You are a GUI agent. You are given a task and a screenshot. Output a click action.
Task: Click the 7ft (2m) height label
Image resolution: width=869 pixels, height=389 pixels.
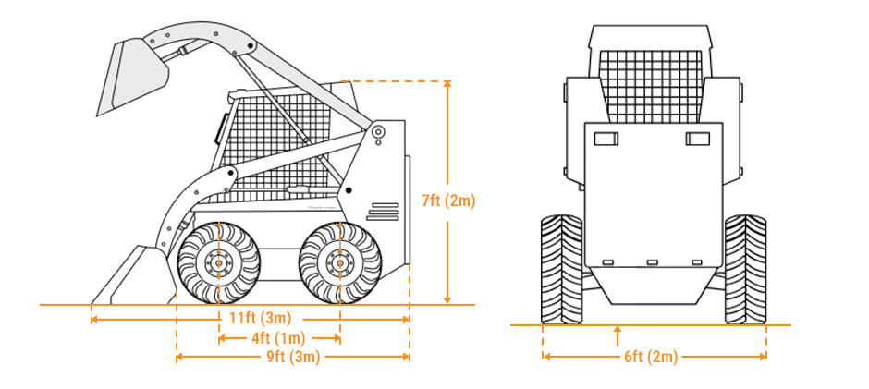click(447, 200)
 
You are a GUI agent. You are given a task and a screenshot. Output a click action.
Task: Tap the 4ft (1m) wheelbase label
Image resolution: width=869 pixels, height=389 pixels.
click(279, 338)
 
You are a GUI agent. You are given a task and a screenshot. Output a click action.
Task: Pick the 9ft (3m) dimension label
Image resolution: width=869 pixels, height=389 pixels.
click(292, 357)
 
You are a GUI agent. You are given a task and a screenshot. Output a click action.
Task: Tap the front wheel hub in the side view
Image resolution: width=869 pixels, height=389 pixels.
click(218, 264)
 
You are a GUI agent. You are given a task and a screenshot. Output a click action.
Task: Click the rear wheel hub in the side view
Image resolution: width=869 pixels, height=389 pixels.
click(340, 264)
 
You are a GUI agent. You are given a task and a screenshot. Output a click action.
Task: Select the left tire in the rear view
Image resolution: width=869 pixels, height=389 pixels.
click(562, 268)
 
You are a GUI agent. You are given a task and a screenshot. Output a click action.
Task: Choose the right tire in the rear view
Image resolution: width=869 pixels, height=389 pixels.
click(745, 268)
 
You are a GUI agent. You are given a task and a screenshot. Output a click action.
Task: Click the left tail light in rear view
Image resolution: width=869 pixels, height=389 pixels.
click(606, 139)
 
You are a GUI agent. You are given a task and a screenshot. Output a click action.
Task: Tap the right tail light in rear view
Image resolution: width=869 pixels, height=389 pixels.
click(697, 139)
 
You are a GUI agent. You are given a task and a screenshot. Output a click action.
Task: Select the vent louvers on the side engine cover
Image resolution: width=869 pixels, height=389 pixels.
click(383, 212)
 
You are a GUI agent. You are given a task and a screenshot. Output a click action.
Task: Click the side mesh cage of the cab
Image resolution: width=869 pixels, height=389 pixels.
click(277, 139)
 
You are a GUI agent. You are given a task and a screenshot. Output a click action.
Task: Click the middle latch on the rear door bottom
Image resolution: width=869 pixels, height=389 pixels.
click(652, 261)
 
